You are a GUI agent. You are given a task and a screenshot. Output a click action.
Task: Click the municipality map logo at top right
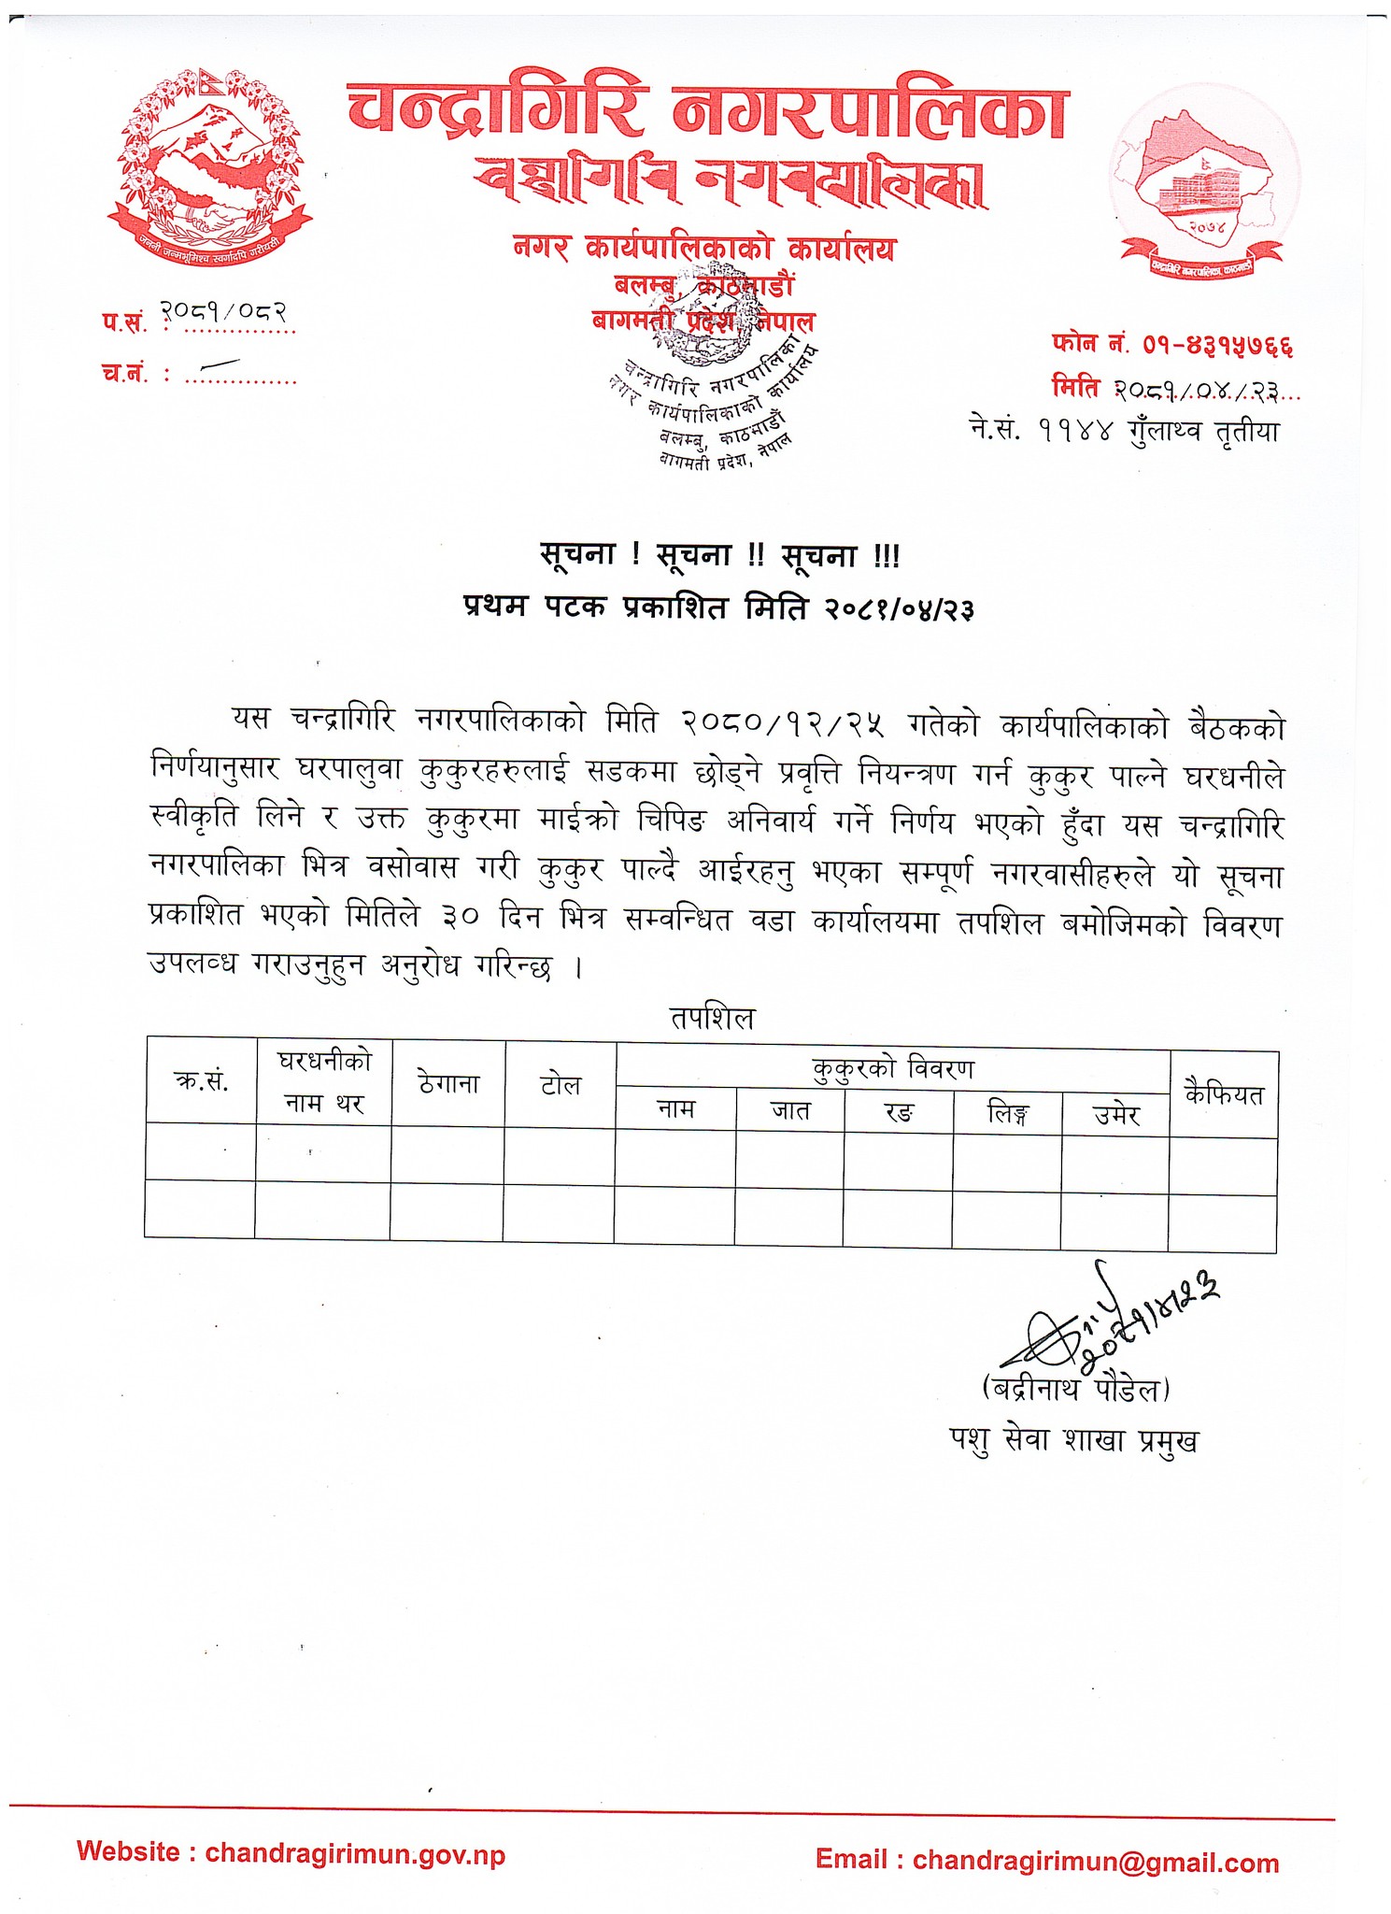tap(1202, 187)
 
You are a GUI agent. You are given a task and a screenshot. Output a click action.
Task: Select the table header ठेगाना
tap(448, 1084)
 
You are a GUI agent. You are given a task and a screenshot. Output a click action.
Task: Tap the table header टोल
tap(561, 1086)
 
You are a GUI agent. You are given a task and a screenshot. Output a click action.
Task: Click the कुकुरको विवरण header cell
tap(893, 1068)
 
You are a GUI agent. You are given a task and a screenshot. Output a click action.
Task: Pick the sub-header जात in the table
tap(790, 1111)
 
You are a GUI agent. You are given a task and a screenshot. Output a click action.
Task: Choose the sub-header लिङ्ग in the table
tap(1008, 1114)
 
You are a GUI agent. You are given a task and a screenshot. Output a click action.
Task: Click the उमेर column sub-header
tap(1116, 1115)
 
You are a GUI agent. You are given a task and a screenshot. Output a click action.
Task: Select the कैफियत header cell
tap(1224, 1094)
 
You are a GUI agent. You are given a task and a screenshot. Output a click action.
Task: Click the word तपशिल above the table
tap(712, 1018)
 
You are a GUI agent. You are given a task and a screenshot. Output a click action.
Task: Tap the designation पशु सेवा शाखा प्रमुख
tap(1072, 1440)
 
